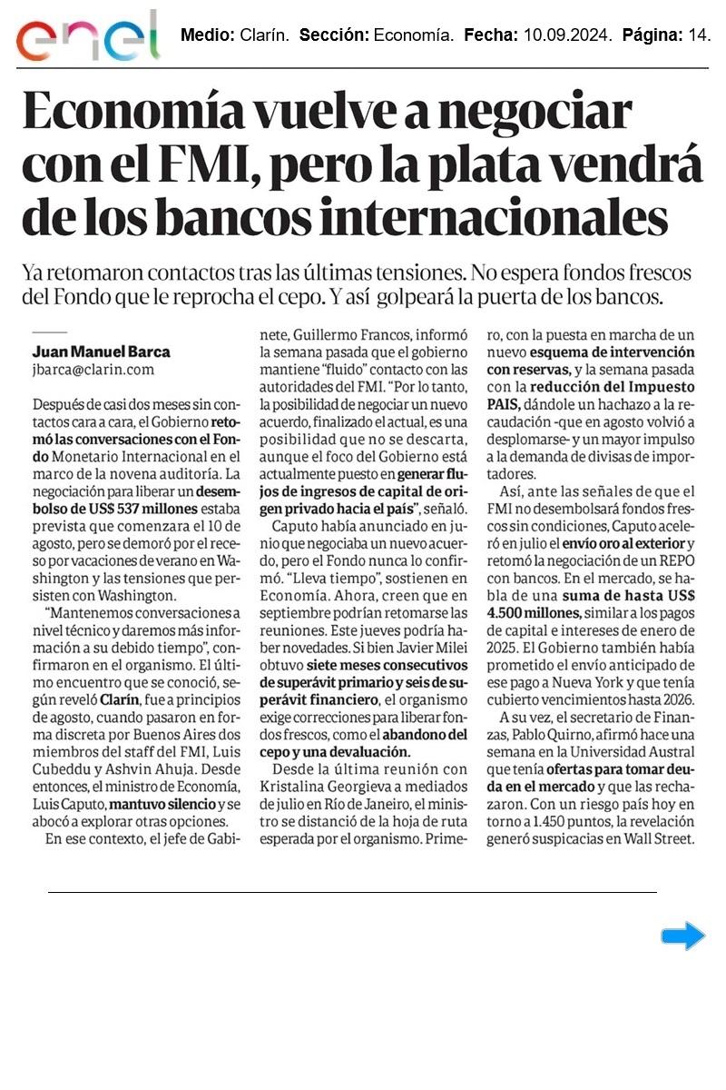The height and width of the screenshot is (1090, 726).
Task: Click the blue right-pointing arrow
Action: [682, 936]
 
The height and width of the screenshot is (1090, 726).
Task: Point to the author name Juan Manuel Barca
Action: [101, 352]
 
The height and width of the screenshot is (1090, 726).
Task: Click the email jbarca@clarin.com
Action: [93, 370]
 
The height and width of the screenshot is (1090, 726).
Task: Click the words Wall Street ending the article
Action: [659, 839]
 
